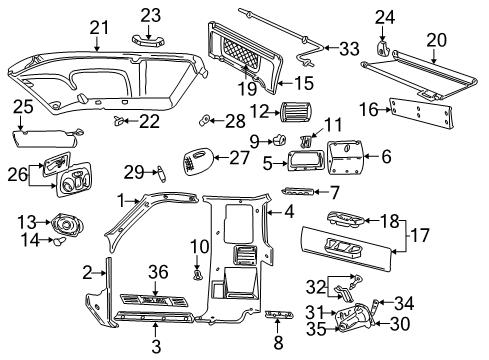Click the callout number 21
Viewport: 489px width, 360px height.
99,28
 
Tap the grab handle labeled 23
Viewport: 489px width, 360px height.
148,40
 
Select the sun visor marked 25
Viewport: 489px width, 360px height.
45,138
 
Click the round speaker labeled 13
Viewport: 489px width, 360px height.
67,224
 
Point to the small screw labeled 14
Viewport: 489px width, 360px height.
59,240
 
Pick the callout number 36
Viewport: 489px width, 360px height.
158,272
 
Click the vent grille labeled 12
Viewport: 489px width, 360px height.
296,112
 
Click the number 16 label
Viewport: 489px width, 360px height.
369,110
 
